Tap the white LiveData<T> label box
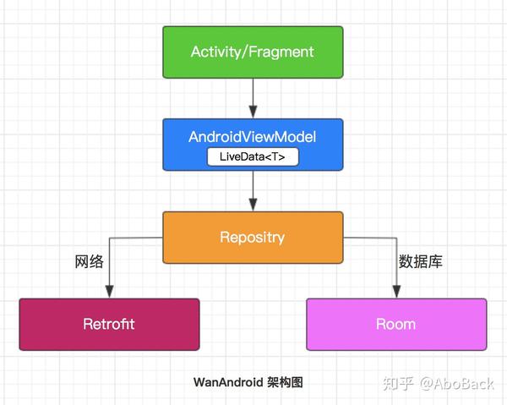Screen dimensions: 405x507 (253, 156)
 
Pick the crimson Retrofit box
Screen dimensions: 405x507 (109, 324)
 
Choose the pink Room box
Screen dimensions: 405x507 (396, 324)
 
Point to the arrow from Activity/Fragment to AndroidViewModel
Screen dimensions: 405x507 (253, 97)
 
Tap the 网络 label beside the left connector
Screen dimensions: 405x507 (89, 261)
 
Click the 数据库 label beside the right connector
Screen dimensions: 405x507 (421, 261)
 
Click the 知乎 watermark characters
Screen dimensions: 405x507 (399, 384)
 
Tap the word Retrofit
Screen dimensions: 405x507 (109, 324)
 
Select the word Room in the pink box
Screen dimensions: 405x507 (396, 324)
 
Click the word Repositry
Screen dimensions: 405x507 (253, 237)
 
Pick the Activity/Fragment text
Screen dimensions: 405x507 (253, 52)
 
